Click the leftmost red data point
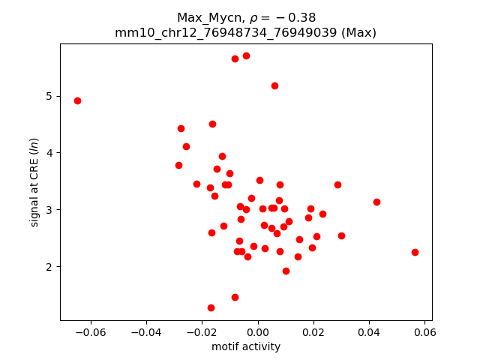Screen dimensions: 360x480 pyautogui.click(x=77, y=100)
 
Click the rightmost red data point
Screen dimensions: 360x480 pyautogui.click(x=415, y=252)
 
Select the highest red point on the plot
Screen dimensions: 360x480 pyautogui.click(x=246, y=55)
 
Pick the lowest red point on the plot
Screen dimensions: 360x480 pyautogui.click(x=211, y=307)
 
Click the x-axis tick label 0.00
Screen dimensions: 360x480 pyautogui.click(x=257, y=332)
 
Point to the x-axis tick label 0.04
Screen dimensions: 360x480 pyautogui.click(x=369, y=332)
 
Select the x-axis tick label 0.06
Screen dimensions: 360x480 pyautogui.click(x=424, y=332)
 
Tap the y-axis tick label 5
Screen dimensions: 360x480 pyautogui.click(x=49, y=96)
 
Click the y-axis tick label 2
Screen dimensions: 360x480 pyautogui.click(x=49, y=266)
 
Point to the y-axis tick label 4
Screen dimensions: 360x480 pyautogui.click(x=49, y=153)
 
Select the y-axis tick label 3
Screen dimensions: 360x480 pyautogui.click(x=49, y=209)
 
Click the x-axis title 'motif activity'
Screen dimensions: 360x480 pyautogui.click(x=246, y=346)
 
